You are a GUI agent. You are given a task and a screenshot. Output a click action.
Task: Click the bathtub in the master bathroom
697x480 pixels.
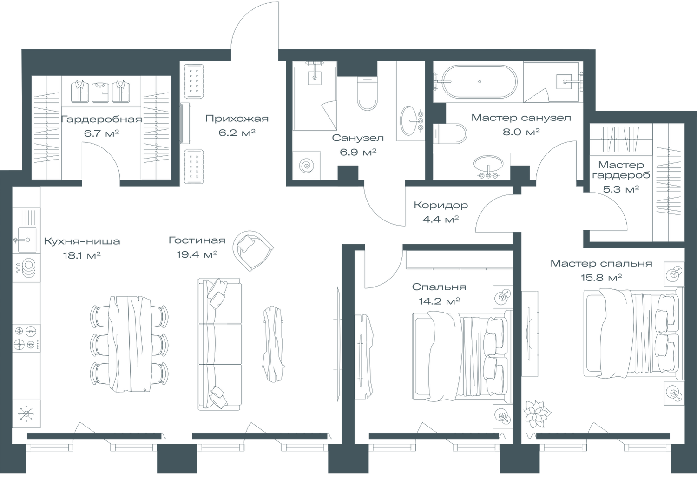[479, 81]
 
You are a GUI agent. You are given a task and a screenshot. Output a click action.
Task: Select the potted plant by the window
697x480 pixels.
[537, 412]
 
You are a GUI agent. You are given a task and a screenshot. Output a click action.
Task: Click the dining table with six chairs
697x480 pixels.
[129, 343]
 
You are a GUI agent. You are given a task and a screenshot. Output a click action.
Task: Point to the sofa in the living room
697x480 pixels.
[219, 344]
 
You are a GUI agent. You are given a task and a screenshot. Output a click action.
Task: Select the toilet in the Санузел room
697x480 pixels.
[368, 93]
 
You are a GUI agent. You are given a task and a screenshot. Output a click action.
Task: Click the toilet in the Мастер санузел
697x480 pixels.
[450, 134]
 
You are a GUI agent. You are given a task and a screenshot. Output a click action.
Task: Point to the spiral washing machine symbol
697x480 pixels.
[307, 166]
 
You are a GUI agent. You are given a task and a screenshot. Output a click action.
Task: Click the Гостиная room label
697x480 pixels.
[197, 240]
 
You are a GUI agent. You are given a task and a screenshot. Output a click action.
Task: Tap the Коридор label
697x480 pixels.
[441, 205]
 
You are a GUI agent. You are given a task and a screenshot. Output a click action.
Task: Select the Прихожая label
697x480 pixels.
[237, 119]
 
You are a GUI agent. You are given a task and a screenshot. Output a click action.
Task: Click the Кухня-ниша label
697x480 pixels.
[82, 241]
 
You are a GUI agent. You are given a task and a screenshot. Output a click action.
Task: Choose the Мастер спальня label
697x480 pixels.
[601, 264]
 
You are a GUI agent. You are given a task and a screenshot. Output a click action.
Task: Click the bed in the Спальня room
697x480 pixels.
[460, 356]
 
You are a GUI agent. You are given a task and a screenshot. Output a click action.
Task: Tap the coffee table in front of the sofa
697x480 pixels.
[273, 344]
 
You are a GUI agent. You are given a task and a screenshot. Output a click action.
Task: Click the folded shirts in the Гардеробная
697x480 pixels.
[100, 91]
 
